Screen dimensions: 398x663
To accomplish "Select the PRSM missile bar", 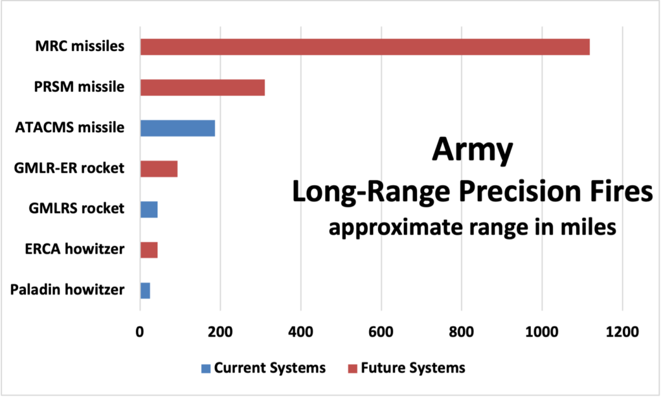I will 202,87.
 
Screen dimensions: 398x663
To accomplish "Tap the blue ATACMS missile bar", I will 177,127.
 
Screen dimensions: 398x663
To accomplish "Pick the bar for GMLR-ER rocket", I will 159,168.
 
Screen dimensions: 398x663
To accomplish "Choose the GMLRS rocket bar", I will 149,209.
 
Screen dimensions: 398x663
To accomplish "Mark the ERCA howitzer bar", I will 149,249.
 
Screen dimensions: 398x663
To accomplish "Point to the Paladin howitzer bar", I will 145,290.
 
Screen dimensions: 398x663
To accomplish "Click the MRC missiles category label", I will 80,47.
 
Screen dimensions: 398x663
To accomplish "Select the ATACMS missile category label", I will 69,127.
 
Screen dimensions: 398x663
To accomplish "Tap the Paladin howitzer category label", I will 67,290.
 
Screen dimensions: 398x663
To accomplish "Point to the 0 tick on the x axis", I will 140,332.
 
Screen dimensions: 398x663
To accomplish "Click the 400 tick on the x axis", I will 300,332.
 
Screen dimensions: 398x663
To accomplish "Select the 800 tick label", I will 461,332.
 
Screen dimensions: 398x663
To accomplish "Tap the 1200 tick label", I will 622,332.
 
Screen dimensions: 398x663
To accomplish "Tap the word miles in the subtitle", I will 583,228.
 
